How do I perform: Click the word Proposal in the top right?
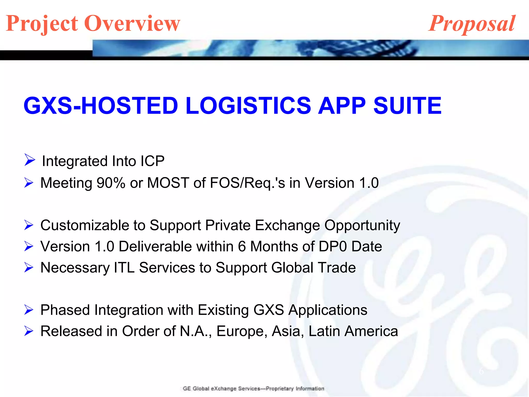(472, 24)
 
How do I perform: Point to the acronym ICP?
(152, 161)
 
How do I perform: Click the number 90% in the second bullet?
(111, 183)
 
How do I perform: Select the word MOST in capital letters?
(168, 183)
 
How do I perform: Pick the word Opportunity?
(362, 226)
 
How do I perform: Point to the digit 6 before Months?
(242, 246)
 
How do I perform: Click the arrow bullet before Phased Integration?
(29, 310)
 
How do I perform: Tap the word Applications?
(328, 310)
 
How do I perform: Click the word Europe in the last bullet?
(242, 331)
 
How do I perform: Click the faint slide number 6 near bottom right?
(481, 371)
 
